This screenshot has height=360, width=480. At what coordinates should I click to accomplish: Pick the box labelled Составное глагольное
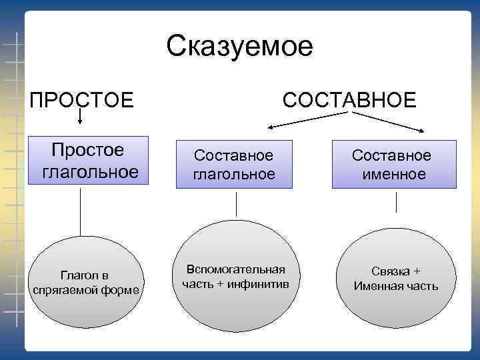click(234, 165)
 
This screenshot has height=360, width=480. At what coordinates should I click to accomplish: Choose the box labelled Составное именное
click(393, 165)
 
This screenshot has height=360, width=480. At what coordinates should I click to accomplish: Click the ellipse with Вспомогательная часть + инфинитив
click(235, 277)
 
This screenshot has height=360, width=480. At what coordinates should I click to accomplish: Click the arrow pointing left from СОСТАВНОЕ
click(307, 119)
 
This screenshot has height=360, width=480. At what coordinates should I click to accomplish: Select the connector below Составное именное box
click(396, 202)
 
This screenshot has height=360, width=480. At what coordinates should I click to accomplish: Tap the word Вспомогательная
click(235, 269)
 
